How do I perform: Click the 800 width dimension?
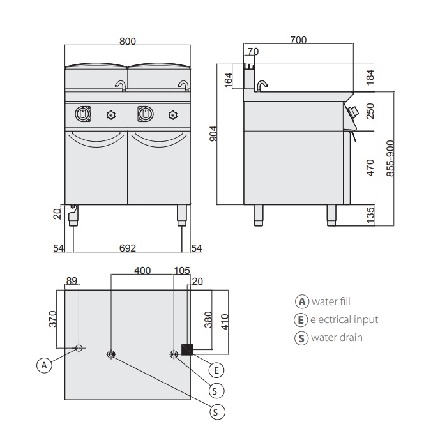click(x=128, y=40)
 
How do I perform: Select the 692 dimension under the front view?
click(x=128, y=248)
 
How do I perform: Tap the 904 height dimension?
click(x=213, y=133)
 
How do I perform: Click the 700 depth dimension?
click(x=298, y=40)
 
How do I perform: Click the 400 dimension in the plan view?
click(x=142, y=270)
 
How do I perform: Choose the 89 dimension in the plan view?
click(x=71, y=280)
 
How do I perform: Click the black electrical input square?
click(x=188, y=349)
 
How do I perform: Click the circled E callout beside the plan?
click(x=217, y=369)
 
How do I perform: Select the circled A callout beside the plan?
click(x=43, y=365)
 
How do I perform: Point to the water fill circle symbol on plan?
click(x=79, y=348)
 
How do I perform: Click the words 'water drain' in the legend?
click(x=336, y=338)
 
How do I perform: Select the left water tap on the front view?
click(x=119, y=85)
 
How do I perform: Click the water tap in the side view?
click(x=261, y=86)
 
